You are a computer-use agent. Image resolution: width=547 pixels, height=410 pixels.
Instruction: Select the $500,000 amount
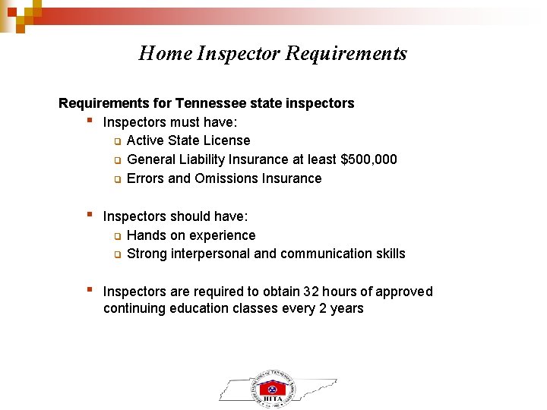pyautogui.click(x=368, y=159)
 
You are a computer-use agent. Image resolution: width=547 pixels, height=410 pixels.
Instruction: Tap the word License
pyautogui.click(x=226, y=140)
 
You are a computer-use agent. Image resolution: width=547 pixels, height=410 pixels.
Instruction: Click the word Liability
pyautogui.click(x=205, y=159)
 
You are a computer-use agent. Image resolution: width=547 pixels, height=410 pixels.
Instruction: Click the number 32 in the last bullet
pyautogui.click(x=311, y=292)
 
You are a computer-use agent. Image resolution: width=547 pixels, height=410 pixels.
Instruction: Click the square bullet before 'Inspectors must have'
pyautogui.click(x=90, y=120)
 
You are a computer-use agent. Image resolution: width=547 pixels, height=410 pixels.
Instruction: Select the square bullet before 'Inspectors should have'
pyautogui.click(x=90, y=214)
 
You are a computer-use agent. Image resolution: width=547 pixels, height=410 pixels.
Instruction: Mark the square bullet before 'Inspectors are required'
pyautogui.click(x=90, y=289)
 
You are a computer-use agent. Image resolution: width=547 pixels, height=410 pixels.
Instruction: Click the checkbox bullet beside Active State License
pyautogui.click(x=118, y=141)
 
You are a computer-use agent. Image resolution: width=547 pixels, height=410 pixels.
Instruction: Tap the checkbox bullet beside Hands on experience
pyautogui.click(x=118, y=236)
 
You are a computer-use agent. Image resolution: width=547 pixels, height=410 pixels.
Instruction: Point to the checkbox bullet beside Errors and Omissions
pyautogui.click(x=118, y=179)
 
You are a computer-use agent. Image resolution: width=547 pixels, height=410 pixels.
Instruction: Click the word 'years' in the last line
pyautogui.click(x=346, y=308)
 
